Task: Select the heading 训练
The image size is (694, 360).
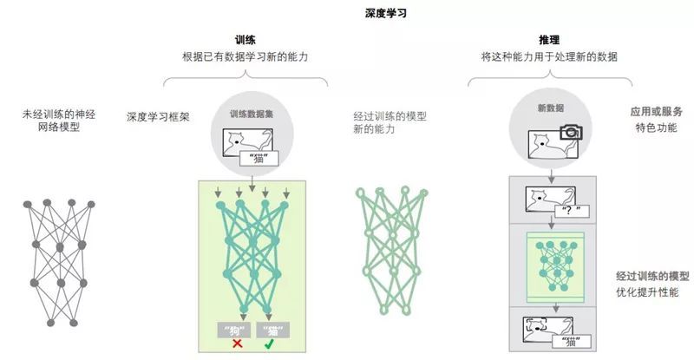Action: tap(246, 40)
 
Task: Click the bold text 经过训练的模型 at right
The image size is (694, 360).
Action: tap(652, 276)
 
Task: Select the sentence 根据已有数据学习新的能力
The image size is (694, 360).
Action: tap(246, 56)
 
